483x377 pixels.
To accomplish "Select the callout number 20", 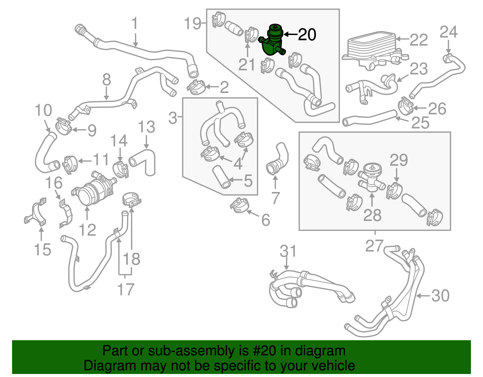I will pos(307,35).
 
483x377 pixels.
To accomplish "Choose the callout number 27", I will pos(374,246).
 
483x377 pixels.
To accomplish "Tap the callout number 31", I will pos(288,251).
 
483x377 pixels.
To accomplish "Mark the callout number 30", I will pos(440,296).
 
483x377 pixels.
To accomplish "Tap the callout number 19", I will pos(193,23).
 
